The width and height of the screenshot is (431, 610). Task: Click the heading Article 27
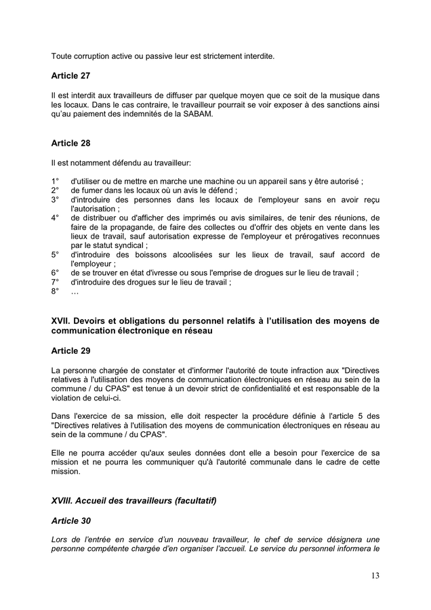point(70,76)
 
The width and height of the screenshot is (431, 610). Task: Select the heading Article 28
point(70,144)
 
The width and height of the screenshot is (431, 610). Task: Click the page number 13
point(375,576)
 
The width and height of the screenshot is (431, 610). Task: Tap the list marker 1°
point(55,181)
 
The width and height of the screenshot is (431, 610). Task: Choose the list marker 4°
point(55,218)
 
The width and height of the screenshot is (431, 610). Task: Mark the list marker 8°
point(55,291)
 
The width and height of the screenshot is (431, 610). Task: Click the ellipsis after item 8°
point(75,291)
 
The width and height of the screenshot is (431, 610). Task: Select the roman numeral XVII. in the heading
point(62,321)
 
